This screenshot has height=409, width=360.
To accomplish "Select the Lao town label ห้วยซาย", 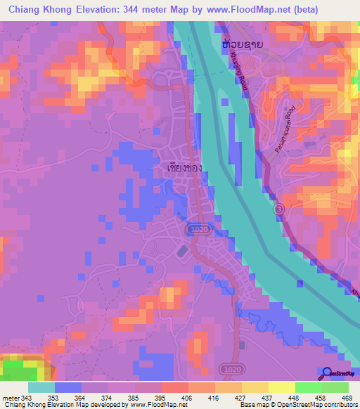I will pos(243,44).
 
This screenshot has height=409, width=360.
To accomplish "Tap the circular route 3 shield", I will pos(279,209).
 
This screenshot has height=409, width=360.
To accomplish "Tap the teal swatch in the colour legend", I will pos(41,387).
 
